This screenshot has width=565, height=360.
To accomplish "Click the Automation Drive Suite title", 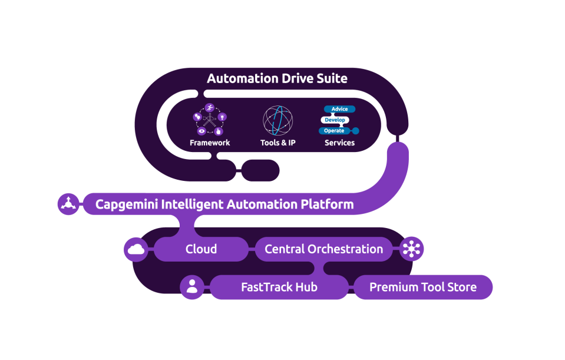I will click(x=277, y=78).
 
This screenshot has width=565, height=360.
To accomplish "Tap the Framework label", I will click(x=210, y=143).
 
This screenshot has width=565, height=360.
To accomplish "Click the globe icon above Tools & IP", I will click(x=278, y=120).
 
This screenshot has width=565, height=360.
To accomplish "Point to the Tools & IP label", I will click(x=278, y=143).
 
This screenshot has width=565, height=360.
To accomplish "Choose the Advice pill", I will click(x=340, y=109).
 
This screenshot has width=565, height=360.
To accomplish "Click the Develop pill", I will click(x=335, y=120).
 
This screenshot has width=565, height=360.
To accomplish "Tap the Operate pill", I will click(x=334, y=131).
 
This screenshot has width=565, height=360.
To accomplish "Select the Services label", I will click(x=340, y=143).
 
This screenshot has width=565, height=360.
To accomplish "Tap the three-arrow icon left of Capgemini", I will click(x=68, y=204).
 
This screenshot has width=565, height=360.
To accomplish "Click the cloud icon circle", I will click(x=136, y=249).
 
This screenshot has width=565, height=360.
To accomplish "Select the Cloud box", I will click(x=201, y=249).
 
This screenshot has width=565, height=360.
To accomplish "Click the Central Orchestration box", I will click(x=323, y=249).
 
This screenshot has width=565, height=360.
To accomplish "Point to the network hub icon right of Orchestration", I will click(x=411, y=249).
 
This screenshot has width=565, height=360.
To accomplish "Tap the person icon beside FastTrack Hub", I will click(x=191, y=288).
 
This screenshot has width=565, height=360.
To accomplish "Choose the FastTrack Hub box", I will click(x=279, y=288).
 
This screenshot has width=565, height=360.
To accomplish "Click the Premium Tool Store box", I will click(x=423, y=288).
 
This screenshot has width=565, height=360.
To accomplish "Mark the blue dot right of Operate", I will click(x=355, y=131).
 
